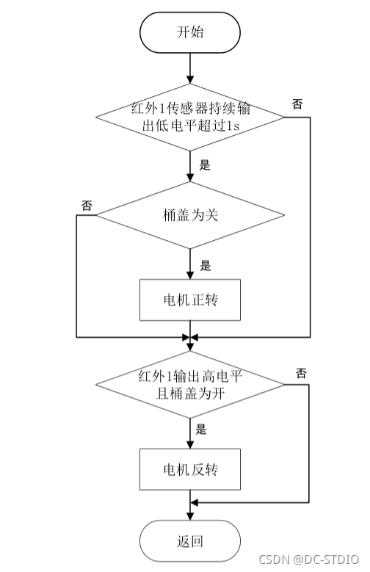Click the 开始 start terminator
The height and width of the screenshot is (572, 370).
pyautogui.click(x=190, y=32)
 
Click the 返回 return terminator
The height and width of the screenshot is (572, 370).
pyautogui.click(x=190, y=542)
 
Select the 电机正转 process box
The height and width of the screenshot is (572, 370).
pyautogui.click(x=190, y=300)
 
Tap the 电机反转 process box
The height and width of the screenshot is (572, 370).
pyautogui.click(x=190, y=468)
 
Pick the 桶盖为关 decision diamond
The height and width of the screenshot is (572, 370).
pyautogui.click(x=190, y=216)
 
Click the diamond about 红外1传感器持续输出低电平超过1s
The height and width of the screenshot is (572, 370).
pyautogui.click(x=190, y=117)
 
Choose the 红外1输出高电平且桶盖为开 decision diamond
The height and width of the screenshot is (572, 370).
pyautogui.click(x=190, y=383)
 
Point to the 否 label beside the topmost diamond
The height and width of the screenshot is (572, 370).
pyautogui.click(x=297, y=104)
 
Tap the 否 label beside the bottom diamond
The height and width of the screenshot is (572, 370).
pyautogui.click(x=301, y=373)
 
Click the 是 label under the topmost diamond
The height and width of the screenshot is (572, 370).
pyautogui.click(x=205, y=165)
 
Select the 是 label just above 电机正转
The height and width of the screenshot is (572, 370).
pyautogui.click(x=205, y=265)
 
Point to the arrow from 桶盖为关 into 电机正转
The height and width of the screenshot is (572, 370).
pyautogui.click(x=190, y=264)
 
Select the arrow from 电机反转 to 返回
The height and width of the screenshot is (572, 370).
pyautogui.click(x=190, y=505)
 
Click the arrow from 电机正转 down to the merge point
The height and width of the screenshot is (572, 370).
pyautogui.click(x=190, y=330)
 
